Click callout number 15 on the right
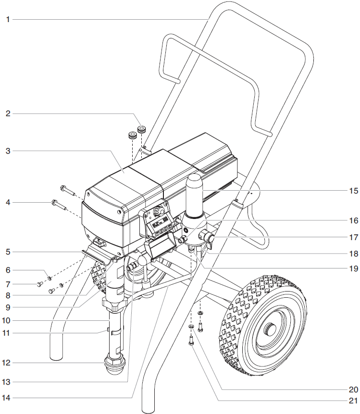[x=353, y=191]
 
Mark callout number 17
[x=353, y=237]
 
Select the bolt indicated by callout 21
[x=191, y=341]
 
